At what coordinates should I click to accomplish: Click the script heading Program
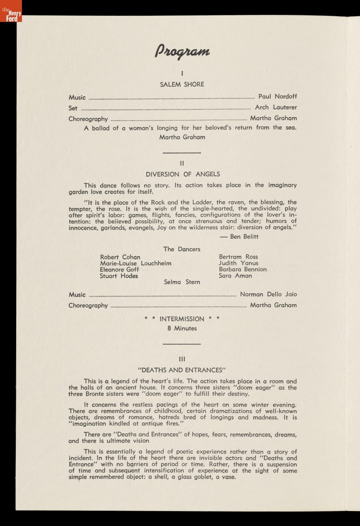point(182,51)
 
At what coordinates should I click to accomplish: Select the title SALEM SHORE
point(182,84)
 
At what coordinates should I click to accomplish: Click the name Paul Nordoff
point(277,96)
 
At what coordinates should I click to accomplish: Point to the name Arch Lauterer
point(276,107)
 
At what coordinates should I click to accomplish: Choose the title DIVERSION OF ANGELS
point(183,174)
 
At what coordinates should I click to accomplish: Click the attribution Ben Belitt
point(244,237)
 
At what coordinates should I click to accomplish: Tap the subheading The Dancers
point(182,249)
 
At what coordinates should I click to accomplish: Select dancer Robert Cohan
point(120,257)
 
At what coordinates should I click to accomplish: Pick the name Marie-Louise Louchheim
point(135,263)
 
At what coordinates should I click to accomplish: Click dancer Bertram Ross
point(239,257)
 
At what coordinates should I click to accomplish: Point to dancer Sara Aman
point(235,276)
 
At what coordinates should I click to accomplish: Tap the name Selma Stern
point(182,282)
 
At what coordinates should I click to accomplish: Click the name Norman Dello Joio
point(268,295)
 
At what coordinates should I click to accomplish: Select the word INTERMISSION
point(182,319)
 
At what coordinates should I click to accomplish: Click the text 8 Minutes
point(182,328)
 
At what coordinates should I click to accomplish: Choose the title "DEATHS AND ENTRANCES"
point(182,370)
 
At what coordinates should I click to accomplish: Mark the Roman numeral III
point(182,359)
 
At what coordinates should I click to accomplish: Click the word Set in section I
point(73,108)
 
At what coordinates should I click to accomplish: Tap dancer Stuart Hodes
point(119,276)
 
